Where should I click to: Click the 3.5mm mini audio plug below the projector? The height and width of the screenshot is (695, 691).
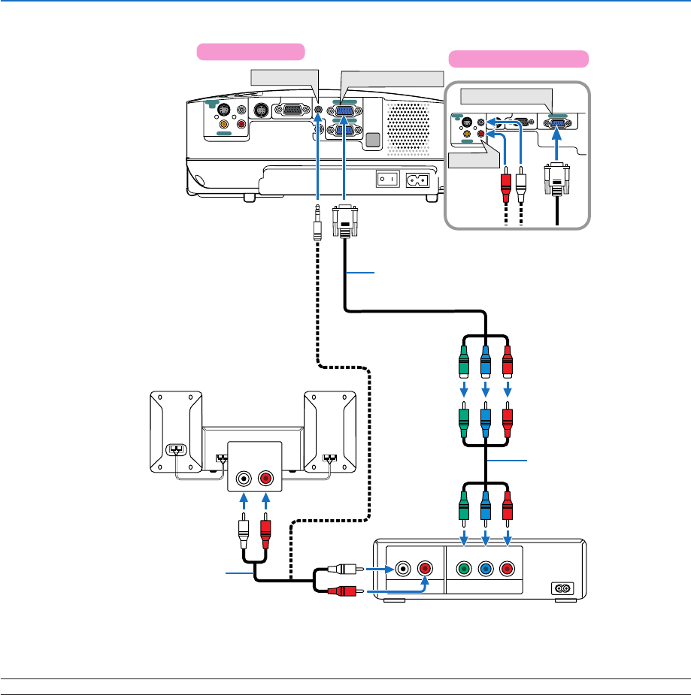point(318,223)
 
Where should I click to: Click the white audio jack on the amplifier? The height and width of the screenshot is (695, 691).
point(243,477)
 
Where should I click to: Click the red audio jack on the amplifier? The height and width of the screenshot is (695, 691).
point(266,477)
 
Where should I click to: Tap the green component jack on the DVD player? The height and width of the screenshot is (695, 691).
point(465,570)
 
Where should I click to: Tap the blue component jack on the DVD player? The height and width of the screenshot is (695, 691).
point(487,570)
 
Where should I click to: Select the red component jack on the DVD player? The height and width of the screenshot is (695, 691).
point(509,570)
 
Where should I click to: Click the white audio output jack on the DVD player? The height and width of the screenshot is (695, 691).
point(404,569)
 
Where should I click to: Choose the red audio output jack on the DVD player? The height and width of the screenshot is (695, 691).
point(425,569)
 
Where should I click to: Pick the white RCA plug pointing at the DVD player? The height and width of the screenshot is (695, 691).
point(347,570)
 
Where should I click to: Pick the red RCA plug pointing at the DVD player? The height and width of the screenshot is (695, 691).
point(347,592)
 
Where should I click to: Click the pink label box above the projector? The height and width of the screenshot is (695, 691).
point(250,51)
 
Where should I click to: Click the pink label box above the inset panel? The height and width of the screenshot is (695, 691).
point(518,59)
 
